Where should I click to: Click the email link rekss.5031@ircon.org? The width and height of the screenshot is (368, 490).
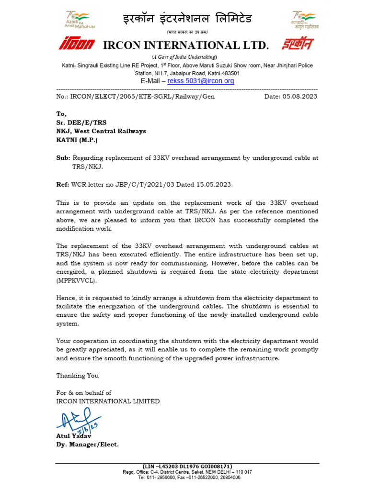pos(200,81)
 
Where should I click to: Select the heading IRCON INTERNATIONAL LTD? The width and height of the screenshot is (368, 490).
pos(186,45)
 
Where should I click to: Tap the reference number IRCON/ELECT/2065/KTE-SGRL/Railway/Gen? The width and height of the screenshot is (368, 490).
pos(136,97)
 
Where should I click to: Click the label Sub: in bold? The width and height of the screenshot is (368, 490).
pos(63,158)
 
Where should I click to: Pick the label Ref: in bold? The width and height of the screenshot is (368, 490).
pos(63,184)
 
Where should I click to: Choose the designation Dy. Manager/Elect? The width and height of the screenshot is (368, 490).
pos(87,445)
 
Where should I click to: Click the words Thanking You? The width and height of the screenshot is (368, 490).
pos(78,376)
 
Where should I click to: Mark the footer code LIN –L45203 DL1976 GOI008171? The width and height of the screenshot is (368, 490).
pos(187,466)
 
